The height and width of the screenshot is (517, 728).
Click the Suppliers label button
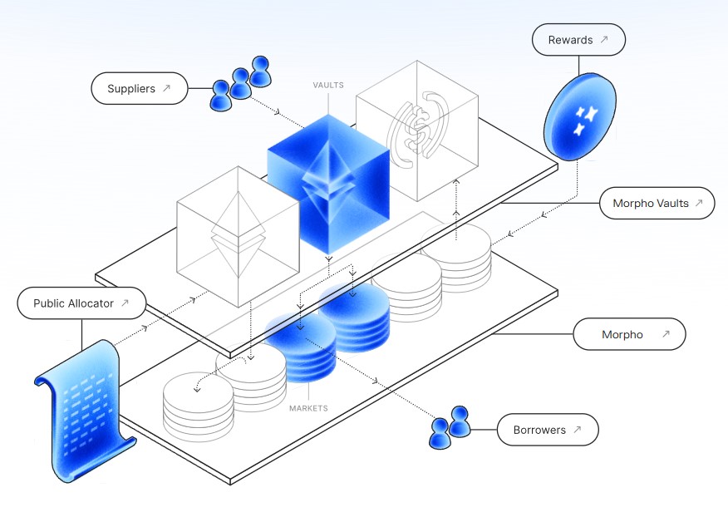[139, 89]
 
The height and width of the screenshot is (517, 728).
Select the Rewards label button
[578, 40]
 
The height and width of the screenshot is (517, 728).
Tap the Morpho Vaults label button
[657, 203]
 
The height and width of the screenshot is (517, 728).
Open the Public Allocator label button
[81, 303]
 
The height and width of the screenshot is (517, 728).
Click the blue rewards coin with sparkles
[579, 116]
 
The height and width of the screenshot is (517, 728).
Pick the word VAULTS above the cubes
[328, 86]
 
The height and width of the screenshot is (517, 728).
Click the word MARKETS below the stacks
[308, 408]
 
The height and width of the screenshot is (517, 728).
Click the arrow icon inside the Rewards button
[604, 40]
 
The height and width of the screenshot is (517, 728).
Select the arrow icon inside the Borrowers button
[578, 430]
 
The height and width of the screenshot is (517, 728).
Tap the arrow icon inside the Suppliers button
[167, 88]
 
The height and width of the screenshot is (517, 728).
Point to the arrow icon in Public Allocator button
[125, 303]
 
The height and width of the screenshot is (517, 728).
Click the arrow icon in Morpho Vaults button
[699, 203]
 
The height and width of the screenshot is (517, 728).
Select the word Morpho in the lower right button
[622, 335]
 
